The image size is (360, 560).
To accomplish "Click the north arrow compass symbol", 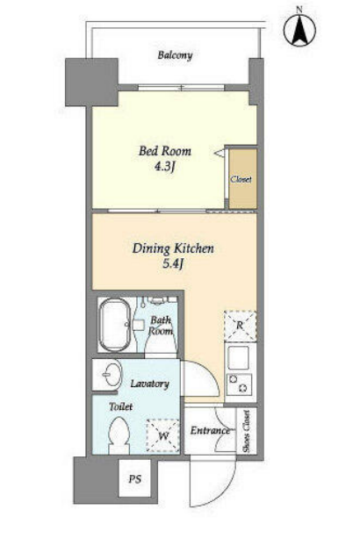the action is [299, 29].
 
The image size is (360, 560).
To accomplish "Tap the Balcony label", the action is [175, 55].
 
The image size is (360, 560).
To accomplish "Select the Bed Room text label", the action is [165, 151].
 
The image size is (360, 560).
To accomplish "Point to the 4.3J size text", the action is [165, 167].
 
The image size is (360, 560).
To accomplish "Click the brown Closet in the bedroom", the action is [242, 178].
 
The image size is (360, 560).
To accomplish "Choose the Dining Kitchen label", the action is [173, 248].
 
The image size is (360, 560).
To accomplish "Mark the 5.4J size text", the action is [173, 264].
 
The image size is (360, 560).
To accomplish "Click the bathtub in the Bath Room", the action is [115, 325].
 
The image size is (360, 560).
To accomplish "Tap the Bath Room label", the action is [161, 325].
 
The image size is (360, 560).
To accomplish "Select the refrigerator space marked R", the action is [240, 326].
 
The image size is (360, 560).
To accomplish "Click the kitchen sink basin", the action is [238, 358].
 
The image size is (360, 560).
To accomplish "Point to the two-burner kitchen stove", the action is [239, 384].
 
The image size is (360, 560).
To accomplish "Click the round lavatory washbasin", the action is [112, 374].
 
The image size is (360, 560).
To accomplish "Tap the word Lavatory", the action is [149, 384].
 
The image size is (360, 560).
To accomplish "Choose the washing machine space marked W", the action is [163, 435].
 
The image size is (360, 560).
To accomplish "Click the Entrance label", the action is [210, 431].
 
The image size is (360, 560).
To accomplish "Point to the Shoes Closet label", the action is [247, 431].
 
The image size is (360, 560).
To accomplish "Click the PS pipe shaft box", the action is [134, 478].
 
